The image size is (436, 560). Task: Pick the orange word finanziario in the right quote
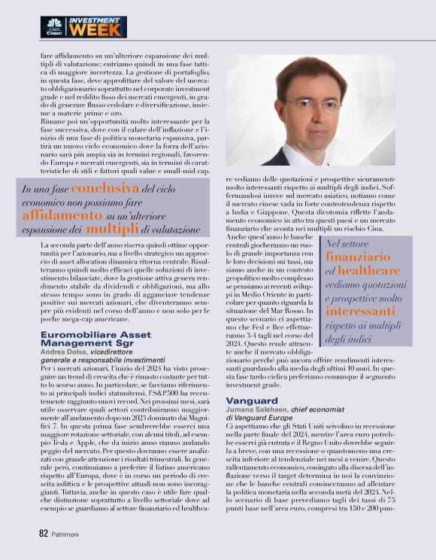pyautogui.click(x=356, y=257)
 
